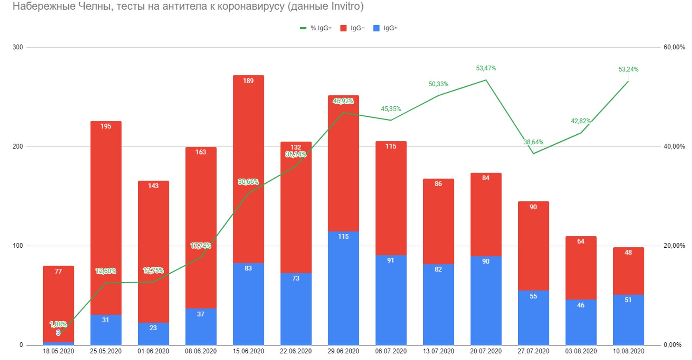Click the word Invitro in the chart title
pyautogui.click(x=346, y=6)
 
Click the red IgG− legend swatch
pyautogui.click(x=343, y=28)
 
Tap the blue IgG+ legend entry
pyautogui.click(x=385, y=28)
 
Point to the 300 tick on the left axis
pyautogui.click(x=18, y=47)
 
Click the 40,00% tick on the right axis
pyautogui.click(x=674, y=147)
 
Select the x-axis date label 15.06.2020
pyautogui.click(x=248, y=351)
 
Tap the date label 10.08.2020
pyautogui.click(x=628, y=351)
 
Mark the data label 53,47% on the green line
pyautogui.click(x=486, y=68)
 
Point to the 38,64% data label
pyautogui.click(x=533, y=142)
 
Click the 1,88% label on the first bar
pyautogui.click(x=58, y=324)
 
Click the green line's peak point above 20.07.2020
pyautogui.click(x=486, y=80)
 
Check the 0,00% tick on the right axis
pyautogui.click(x=672, y=345)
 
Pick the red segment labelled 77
pyautogui.click(x=58, y=296)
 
